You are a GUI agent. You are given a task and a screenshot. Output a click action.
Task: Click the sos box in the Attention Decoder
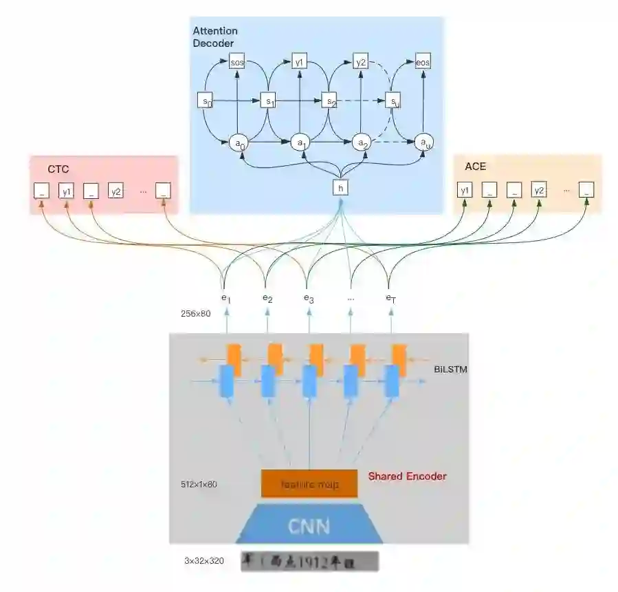tap(237, 62)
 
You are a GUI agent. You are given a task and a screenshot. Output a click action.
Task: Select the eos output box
tap(423, 62)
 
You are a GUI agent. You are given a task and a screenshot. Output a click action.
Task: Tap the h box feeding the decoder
tap(340, 187)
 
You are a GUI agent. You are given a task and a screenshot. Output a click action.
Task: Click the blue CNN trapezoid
tap(309, 527)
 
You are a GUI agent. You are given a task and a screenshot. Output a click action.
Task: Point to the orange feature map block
tap(309, 483)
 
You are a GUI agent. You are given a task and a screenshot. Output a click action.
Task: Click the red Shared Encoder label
tap(407, 476)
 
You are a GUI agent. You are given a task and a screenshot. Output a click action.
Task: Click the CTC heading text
tap(58, 169)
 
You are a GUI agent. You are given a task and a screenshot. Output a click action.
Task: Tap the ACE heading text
tap(475, 167)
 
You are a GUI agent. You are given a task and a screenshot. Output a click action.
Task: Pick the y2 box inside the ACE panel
tap(539, 189)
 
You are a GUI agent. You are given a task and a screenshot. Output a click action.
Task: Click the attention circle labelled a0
tap(239, 143)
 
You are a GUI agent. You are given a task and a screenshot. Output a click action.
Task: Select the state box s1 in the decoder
tap(269, 101)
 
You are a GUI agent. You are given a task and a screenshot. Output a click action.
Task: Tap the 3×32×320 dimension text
tap(204, 561)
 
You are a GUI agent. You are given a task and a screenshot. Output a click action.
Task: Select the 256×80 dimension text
tap(196, 313)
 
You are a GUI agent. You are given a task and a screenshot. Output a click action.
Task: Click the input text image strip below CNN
tap(309, 561)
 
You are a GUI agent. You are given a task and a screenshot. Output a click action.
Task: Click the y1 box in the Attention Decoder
tap(300, 62)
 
